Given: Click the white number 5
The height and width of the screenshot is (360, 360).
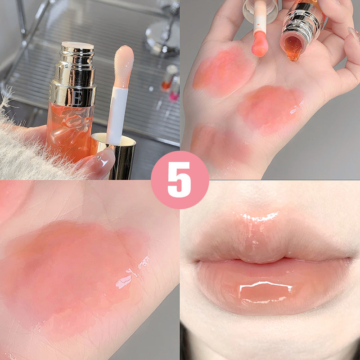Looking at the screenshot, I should click(x=180, y=180).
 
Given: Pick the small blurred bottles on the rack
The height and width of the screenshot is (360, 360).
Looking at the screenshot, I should click(x=171, y=81).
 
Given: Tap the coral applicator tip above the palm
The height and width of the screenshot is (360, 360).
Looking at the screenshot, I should click(x=260, y=45).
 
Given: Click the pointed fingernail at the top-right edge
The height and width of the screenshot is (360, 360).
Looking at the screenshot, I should click(x=354, y=34).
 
